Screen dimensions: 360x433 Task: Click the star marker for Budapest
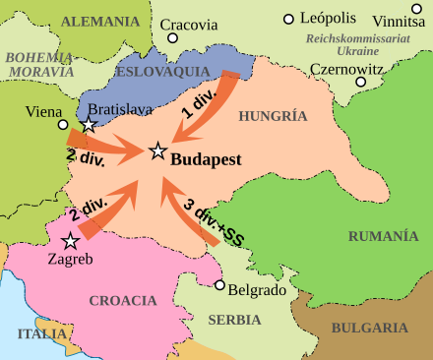pyautogui.click(x=156, y=150)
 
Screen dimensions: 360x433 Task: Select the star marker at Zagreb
pyautogui.click(x=70, y=241)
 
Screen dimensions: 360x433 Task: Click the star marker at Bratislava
pyautogui.click(x=89, y=125)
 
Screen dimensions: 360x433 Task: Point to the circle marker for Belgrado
pyautogui.click(x=219, y=285)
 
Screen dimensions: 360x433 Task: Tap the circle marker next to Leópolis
pyautogui.click(x=288, y=19)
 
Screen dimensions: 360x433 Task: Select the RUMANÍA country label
pyautogui.click(x=382, y=235)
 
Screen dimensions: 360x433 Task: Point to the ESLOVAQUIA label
pyautogui.click(x=155, y=73)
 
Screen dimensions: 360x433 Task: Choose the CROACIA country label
pyautogui.click(x=123, y=300)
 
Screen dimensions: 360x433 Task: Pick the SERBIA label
pyautogui.click(x=234, y=320)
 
